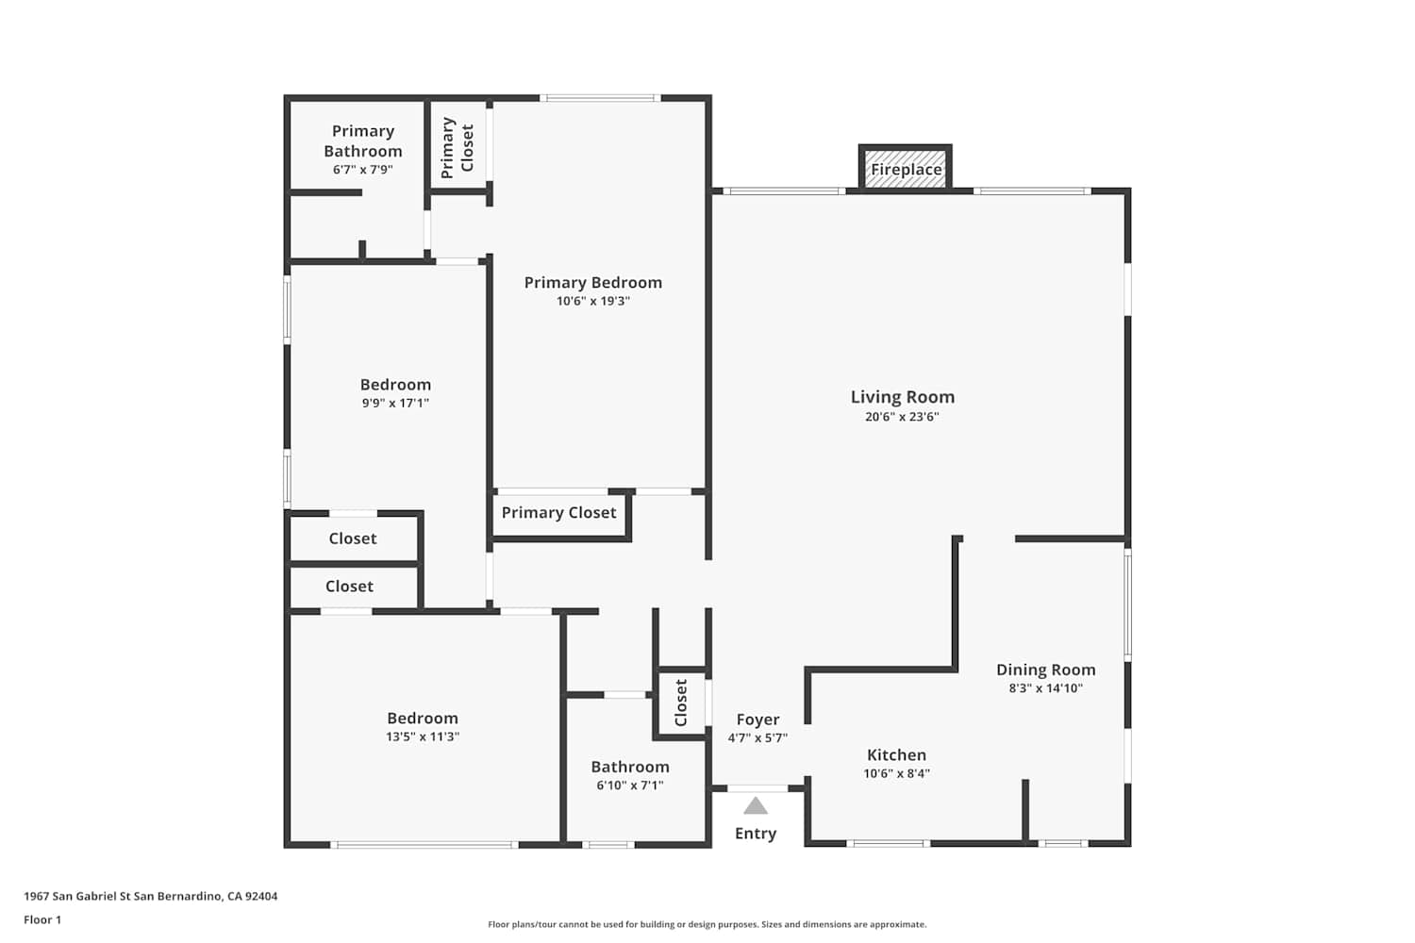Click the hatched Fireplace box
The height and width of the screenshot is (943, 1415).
(906, 169)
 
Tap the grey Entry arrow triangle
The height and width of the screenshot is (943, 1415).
(755, 805)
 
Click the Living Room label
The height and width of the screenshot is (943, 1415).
(902, 397)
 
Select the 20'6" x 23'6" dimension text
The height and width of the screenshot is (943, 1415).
(902, 416)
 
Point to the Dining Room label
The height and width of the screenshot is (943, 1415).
(1045, 670)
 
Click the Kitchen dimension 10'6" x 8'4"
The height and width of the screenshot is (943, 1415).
(896, 773)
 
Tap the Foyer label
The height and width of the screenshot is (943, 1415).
(757, 720)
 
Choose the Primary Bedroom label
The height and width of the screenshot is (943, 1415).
(593, 282)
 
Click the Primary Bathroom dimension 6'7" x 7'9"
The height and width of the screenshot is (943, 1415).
(362, 170)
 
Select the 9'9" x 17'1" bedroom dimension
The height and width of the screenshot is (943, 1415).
(395, 403)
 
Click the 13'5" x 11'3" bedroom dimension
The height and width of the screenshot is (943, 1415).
(423, 736)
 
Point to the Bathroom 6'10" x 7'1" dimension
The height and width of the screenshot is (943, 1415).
(630, 786)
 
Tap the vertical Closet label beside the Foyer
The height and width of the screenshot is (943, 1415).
(680, 703)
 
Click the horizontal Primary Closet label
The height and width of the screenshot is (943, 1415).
(558, 512)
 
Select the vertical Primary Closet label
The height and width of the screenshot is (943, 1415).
(457, 148)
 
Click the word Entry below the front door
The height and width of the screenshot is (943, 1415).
(756, 834)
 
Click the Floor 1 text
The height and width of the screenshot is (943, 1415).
(42, 919)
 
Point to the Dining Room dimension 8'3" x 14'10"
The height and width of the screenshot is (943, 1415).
(1045, 688)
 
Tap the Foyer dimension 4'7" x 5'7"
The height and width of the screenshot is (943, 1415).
(757, 737)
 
